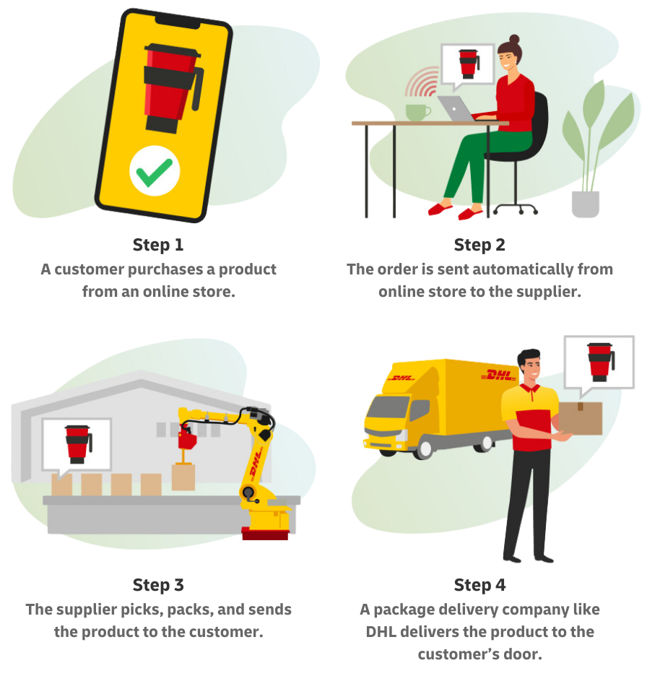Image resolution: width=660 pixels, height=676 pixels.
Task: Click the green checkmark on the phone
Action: (155, 173)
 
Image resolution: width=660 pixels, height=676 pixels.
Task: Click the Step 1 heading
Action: (157, 245)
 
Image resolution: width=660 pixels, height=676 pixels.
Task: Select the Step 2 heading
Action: (479, 245)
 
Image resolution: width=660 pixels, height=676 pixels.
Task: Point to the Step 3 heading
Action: (157, 584)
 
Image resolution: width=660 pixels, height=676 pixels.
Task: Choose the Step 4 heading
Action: (479, 584)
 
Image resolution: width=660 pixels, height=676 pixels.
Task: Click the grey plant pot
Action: (585, 204)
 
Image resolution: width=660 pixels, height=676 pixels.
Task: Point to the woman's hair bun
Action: (514, 40)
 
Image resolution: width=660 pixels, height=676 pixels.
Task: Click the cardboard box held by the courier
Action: (580, 418)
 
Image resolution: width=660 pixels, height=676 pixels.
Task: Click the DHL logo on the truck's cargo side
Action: (498, 376)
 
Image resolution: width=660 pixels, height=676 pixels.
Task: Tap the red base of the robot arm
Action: (265, 534)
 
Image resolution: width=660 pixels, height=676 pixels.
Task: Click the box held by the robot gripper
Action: (183, 477)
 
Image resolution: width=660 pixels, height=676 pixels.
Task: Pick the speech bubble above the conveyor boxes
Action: (77, 443)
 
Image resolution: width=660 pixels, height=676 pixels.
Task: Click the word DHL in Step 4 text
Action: (381, 632)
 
